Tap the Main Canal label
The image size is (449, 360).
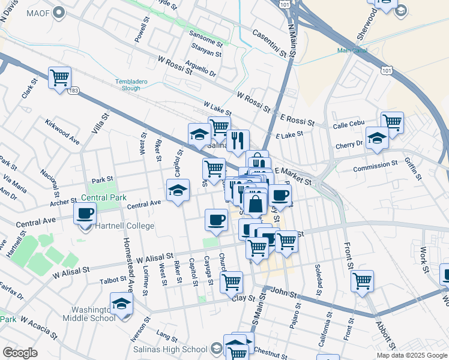(x=352, y=51)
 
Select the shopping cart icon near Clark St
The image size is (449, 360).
(x=59, y=78)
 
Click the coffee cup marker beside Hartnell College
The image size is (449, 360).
(x=85, y=213)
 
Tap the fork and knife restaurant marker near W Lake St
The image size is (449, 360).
(x=238, y=141)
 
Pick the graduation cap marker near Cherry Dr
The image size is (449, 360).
(x=376, y=139)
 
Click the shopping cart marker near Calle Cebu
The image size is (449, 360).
(x=392, y=122)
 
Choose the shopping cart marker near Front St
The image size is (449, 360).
(x=362, y=280)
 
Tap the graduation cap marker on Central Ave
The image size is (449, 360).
(x=177, y=191)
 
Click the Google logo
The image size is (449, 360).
(x=20, y=352)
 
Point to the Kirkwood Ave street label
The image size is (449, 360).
(x=62, y=131)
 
